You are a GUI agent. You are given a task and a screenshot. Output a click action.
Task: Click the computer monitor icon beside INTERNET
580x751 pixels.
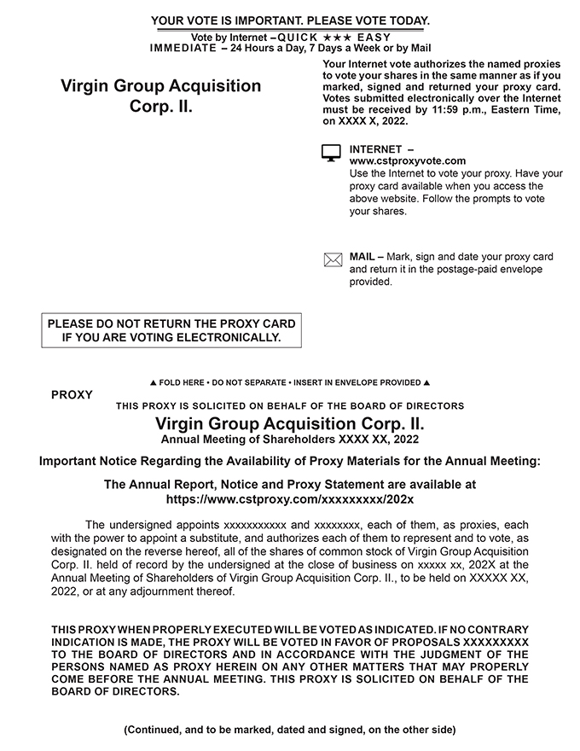[331, 154]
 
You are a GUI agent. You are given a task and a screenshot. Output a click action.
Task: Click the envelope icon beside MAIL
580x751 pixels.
[333, 260]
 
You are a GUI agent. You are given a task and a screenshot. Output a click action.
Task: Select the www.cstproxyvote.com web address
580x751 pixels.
[408, 160]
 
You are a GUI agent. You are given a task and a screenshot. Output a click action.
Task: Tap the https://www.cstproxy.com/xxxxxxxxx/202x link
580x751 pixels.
[290, 498]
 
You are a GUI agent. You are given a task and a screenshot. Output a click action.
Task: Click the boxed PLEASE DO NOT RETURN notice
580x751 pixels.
[171, 330]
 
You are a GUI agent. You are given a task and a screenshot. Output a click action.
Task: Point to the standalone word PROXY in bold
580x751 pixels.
[72, 395]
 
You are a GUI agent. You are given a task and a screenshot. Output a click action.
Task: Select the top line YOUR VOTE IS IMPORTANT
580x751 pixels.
[290, 20]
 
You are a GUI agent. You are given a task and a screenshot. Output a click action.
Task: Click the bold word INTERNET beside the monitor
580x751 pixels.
[376, 149]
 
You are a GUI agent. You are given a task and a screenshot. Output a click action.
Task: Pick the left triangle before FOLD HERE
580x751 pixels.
[153, 383]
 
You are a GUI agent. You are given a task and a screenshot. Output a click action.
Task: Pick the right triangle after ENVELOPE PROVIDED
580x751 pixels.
[426, 383]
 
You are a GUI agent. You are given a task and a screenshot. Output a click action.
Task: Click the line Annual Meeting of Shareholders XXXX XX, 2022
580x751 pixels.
[290, 440]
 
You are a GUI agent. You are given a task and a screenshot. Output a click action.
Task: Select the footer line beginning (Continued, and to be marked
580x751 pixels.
[290, 730]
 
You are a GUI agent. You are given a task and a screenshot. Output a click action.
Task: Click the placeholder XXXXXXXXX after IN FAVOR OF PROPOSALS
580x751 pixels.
[495, 641]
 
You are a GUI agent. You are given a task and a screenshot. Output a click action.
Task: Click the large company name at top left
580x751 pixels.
[161, 97]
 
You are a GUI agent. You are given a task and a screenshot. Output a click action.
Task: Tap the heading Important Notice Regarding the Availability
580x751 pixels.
[290, 462]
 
